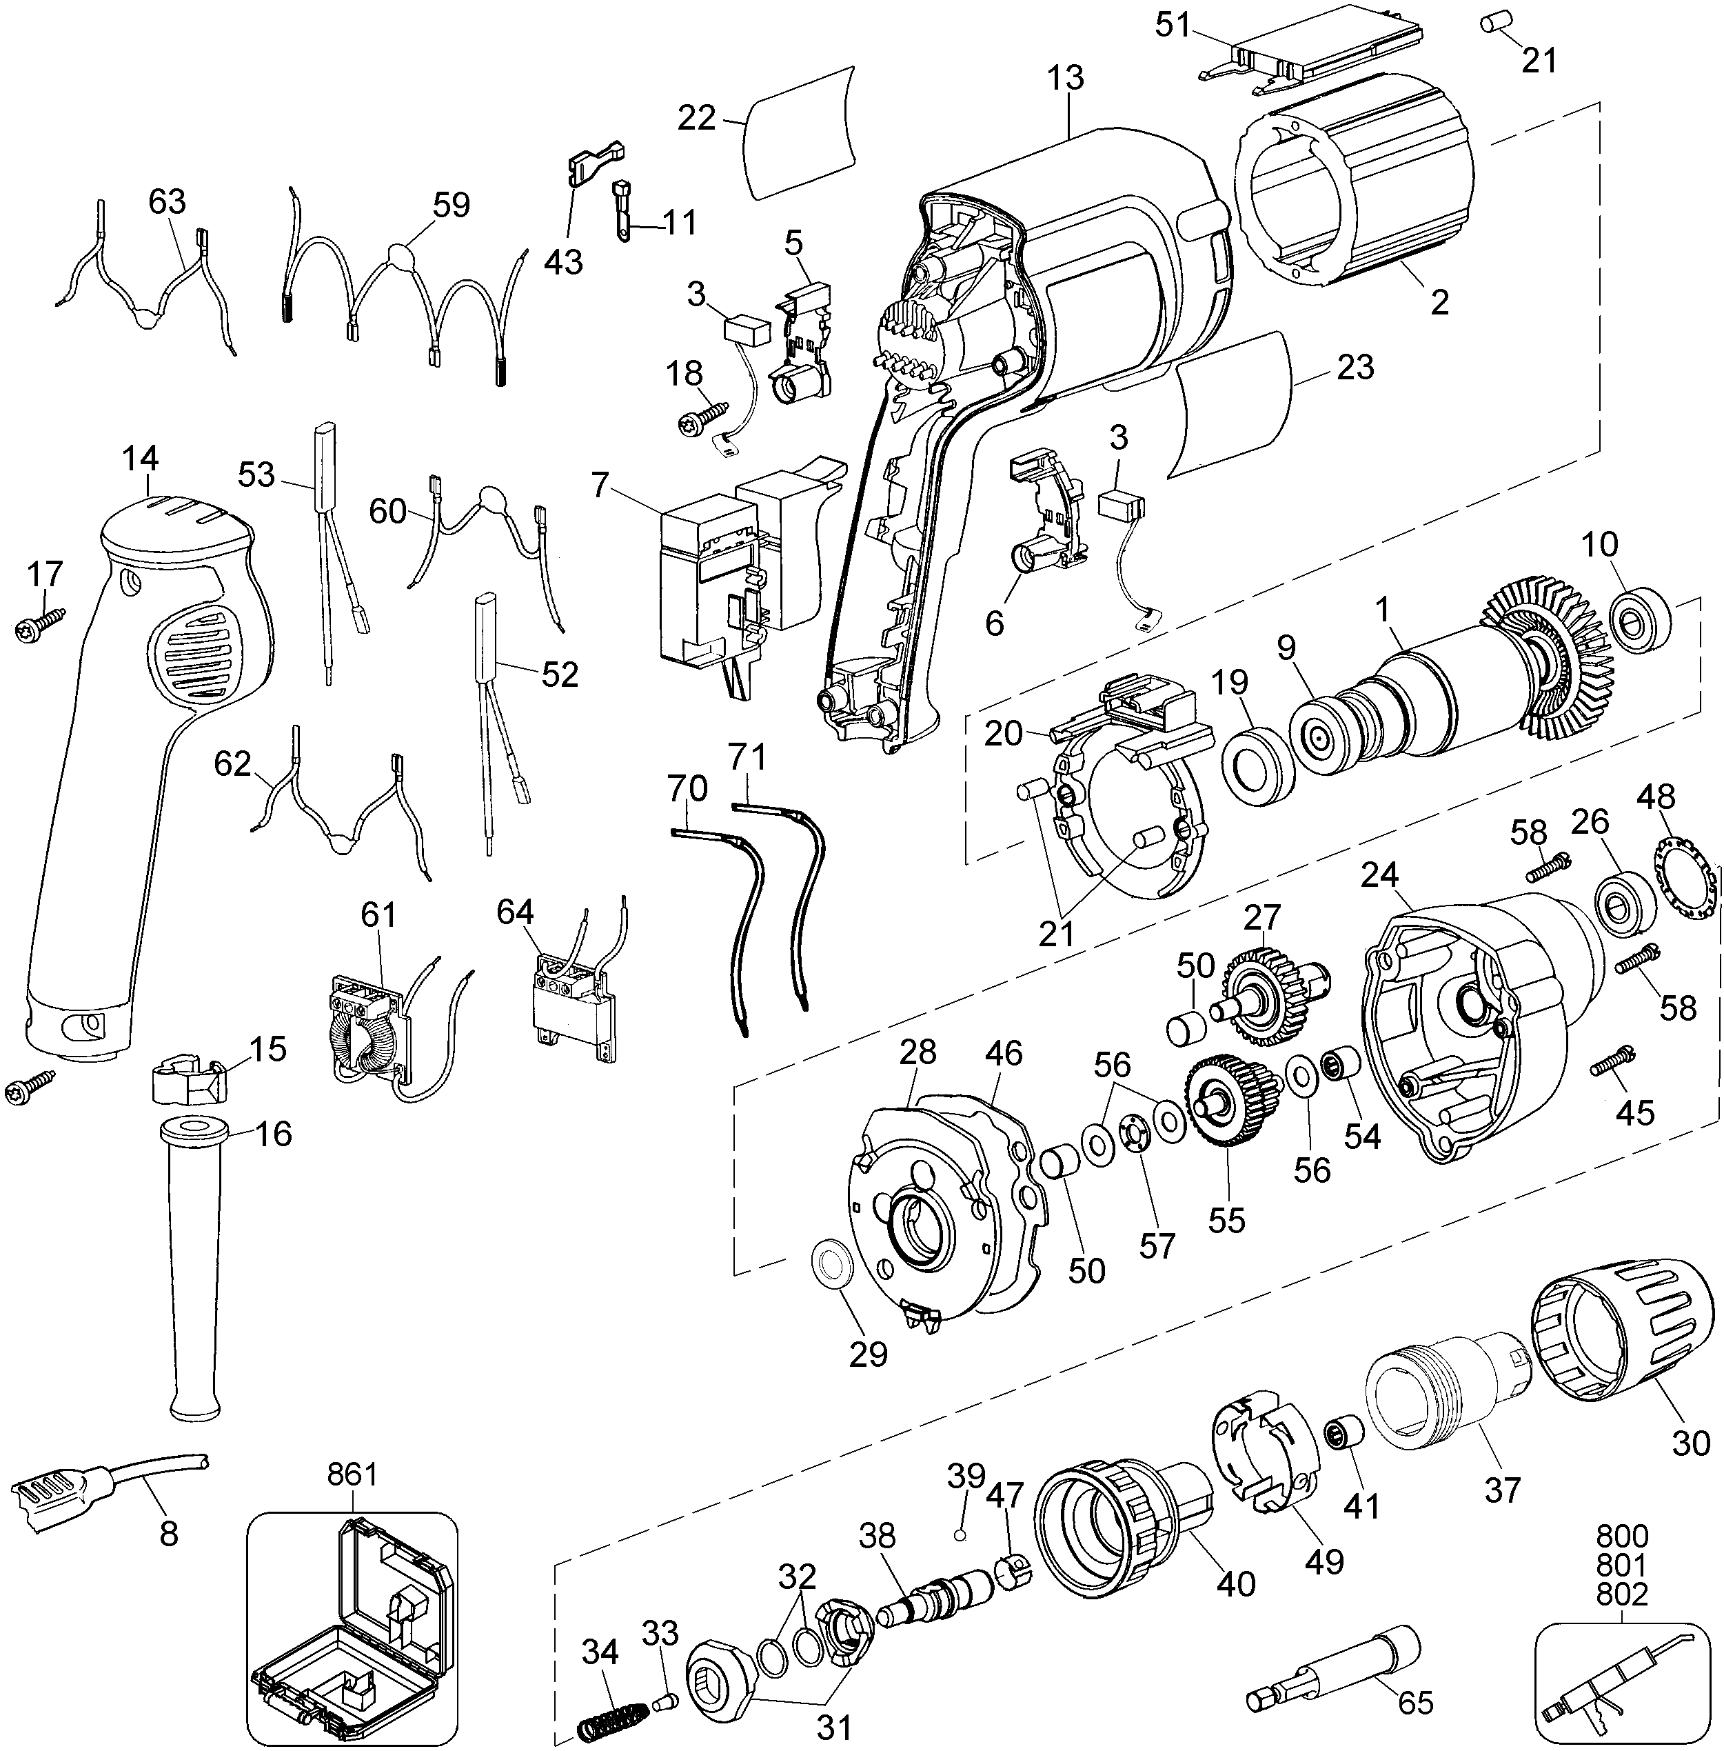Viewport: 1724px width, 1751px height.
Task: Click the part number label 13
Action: pos(1068,78)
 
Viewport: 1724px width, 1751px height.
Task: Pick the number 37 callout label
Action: pos(1502,1489)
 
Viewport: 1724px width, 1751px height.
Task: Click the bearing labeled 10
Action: pos(1640,624)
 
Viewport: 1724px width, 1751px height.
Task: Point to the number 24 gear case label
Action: pos(1379,874)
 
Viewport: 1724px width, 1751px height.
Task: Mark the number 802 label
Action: pos(1622,1593)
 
